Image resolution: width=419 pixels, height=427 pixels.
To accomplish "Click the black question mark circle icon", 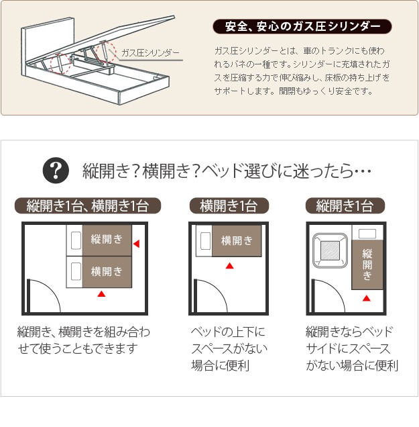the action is pos(56,171).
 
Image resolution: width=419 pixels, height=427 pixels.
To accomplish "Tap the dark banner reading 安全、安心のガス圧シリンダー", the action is pos(302,26).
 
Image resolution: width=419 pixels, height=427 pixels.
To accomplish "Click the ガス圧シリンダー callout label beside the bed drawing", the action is pos(150,52).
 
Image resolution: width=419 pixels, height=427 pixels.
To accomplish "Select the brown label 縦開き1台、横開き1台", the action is pos(88,205).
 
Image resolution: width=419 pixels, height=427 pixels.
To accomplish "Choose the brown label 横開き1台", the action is pos(229,205).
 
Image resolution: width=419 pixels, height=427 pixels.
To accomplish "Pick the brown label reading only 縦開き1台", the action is pos(345,205).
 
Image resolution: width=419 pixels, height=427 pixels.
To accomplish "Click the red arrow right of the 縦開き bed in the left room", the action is pos(137,244).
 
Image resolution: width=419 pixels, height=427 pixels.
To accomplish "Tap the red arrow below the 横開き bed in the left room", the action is pos(101,294).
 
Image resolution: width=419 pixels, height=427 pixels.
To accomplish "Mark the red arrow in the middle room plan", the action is pos(230,265).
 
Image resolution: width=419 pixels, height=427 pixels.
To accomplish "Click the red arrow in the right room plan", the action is pos(367,298).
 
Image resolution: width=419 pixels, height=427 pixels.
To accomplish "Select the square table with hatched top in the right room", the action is pos(330,250).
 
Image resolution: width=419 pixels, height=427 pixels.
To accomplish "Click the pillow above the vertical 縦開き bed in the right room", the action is pos(367,234).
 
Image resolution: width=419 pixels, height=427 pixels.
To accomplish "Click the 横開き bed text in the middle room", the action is pos(237,241).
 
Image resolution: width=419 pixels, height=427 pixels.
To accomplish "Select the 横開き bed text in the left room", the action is pos(107,271).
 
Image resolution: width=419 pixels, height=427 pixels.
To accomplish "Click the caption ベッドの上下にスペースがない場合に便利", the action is pos(229,348).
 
